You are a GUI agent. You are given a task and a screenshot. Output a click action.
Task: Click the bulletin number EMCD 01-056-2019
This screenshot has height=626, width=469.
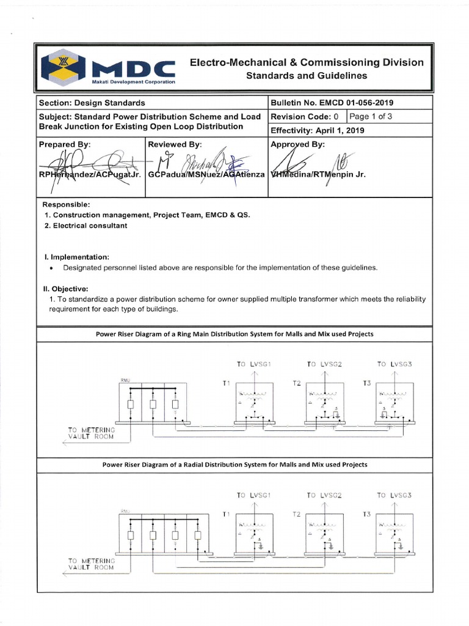(336, 103)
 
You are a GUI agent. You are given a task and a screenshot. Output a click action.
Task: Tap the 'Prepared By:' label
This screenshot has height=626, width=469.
(65, 144)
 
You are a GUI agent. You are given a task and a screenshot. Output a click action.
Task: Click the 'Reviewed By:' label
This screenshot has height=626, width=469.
(175, 144)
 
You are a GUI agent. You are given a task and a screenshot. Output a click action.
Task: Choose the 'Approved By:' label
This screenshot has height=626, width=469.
(298, 144)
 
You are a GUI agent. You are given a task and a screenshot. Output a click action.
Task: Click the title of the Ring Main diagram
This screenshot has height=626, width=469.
(234, 334)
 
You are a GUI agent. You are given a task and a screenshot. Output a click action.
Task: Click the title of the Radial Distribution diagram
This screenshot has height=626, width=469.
(234, 465)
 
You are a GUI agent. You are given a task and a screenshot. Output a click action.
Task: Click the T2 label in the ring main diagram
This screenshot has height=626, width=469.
(297, 383)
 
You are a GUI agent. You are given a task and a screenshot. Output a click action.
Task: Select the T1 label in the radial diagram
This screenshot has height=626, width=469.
(227, 514)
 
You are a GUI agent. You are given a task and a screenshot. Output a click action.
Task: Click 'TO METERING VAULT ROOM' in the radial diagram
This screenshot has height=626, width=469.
(91, 563)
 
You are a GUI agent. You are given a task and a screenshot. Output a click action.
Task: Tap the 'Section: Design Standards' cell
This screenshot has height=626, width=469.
(92, 103)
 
